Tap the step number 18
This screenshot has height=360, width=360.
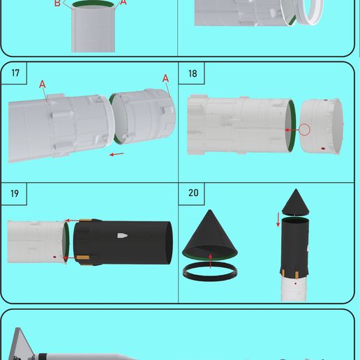pyautogui.click(x=193, y=74)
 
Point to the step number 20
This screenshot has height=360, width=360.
pyautogui.click(x=193, y=194)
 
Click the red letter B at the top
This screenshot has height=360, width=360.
pyautogui.click(x=57, y=3)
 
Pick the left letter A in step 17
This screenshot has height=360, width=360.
pyautogui.click(x=43, y=84)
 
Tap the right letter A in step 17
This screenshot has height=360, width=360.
pyautogui.click(x=165, y=78)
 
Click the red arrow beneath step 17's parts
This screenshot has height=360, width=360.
pyautogui.click(x=117, y=154)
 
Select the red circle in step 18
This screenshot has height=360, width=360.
pyautogui.click(x=303, y=130)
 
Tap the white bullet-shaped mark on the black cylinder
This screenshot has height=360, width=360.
pyautogui.click(x=121, y=236)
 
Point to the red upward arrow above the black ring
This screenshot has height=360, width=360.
pyautogui.click(x=211, y=260)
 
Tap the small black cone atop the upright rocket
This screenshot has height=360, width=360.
pyautogui.click(x=295, y=202)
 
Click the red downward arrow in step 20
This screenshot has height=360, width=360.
pyautogui.click(x=278, y=219)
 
